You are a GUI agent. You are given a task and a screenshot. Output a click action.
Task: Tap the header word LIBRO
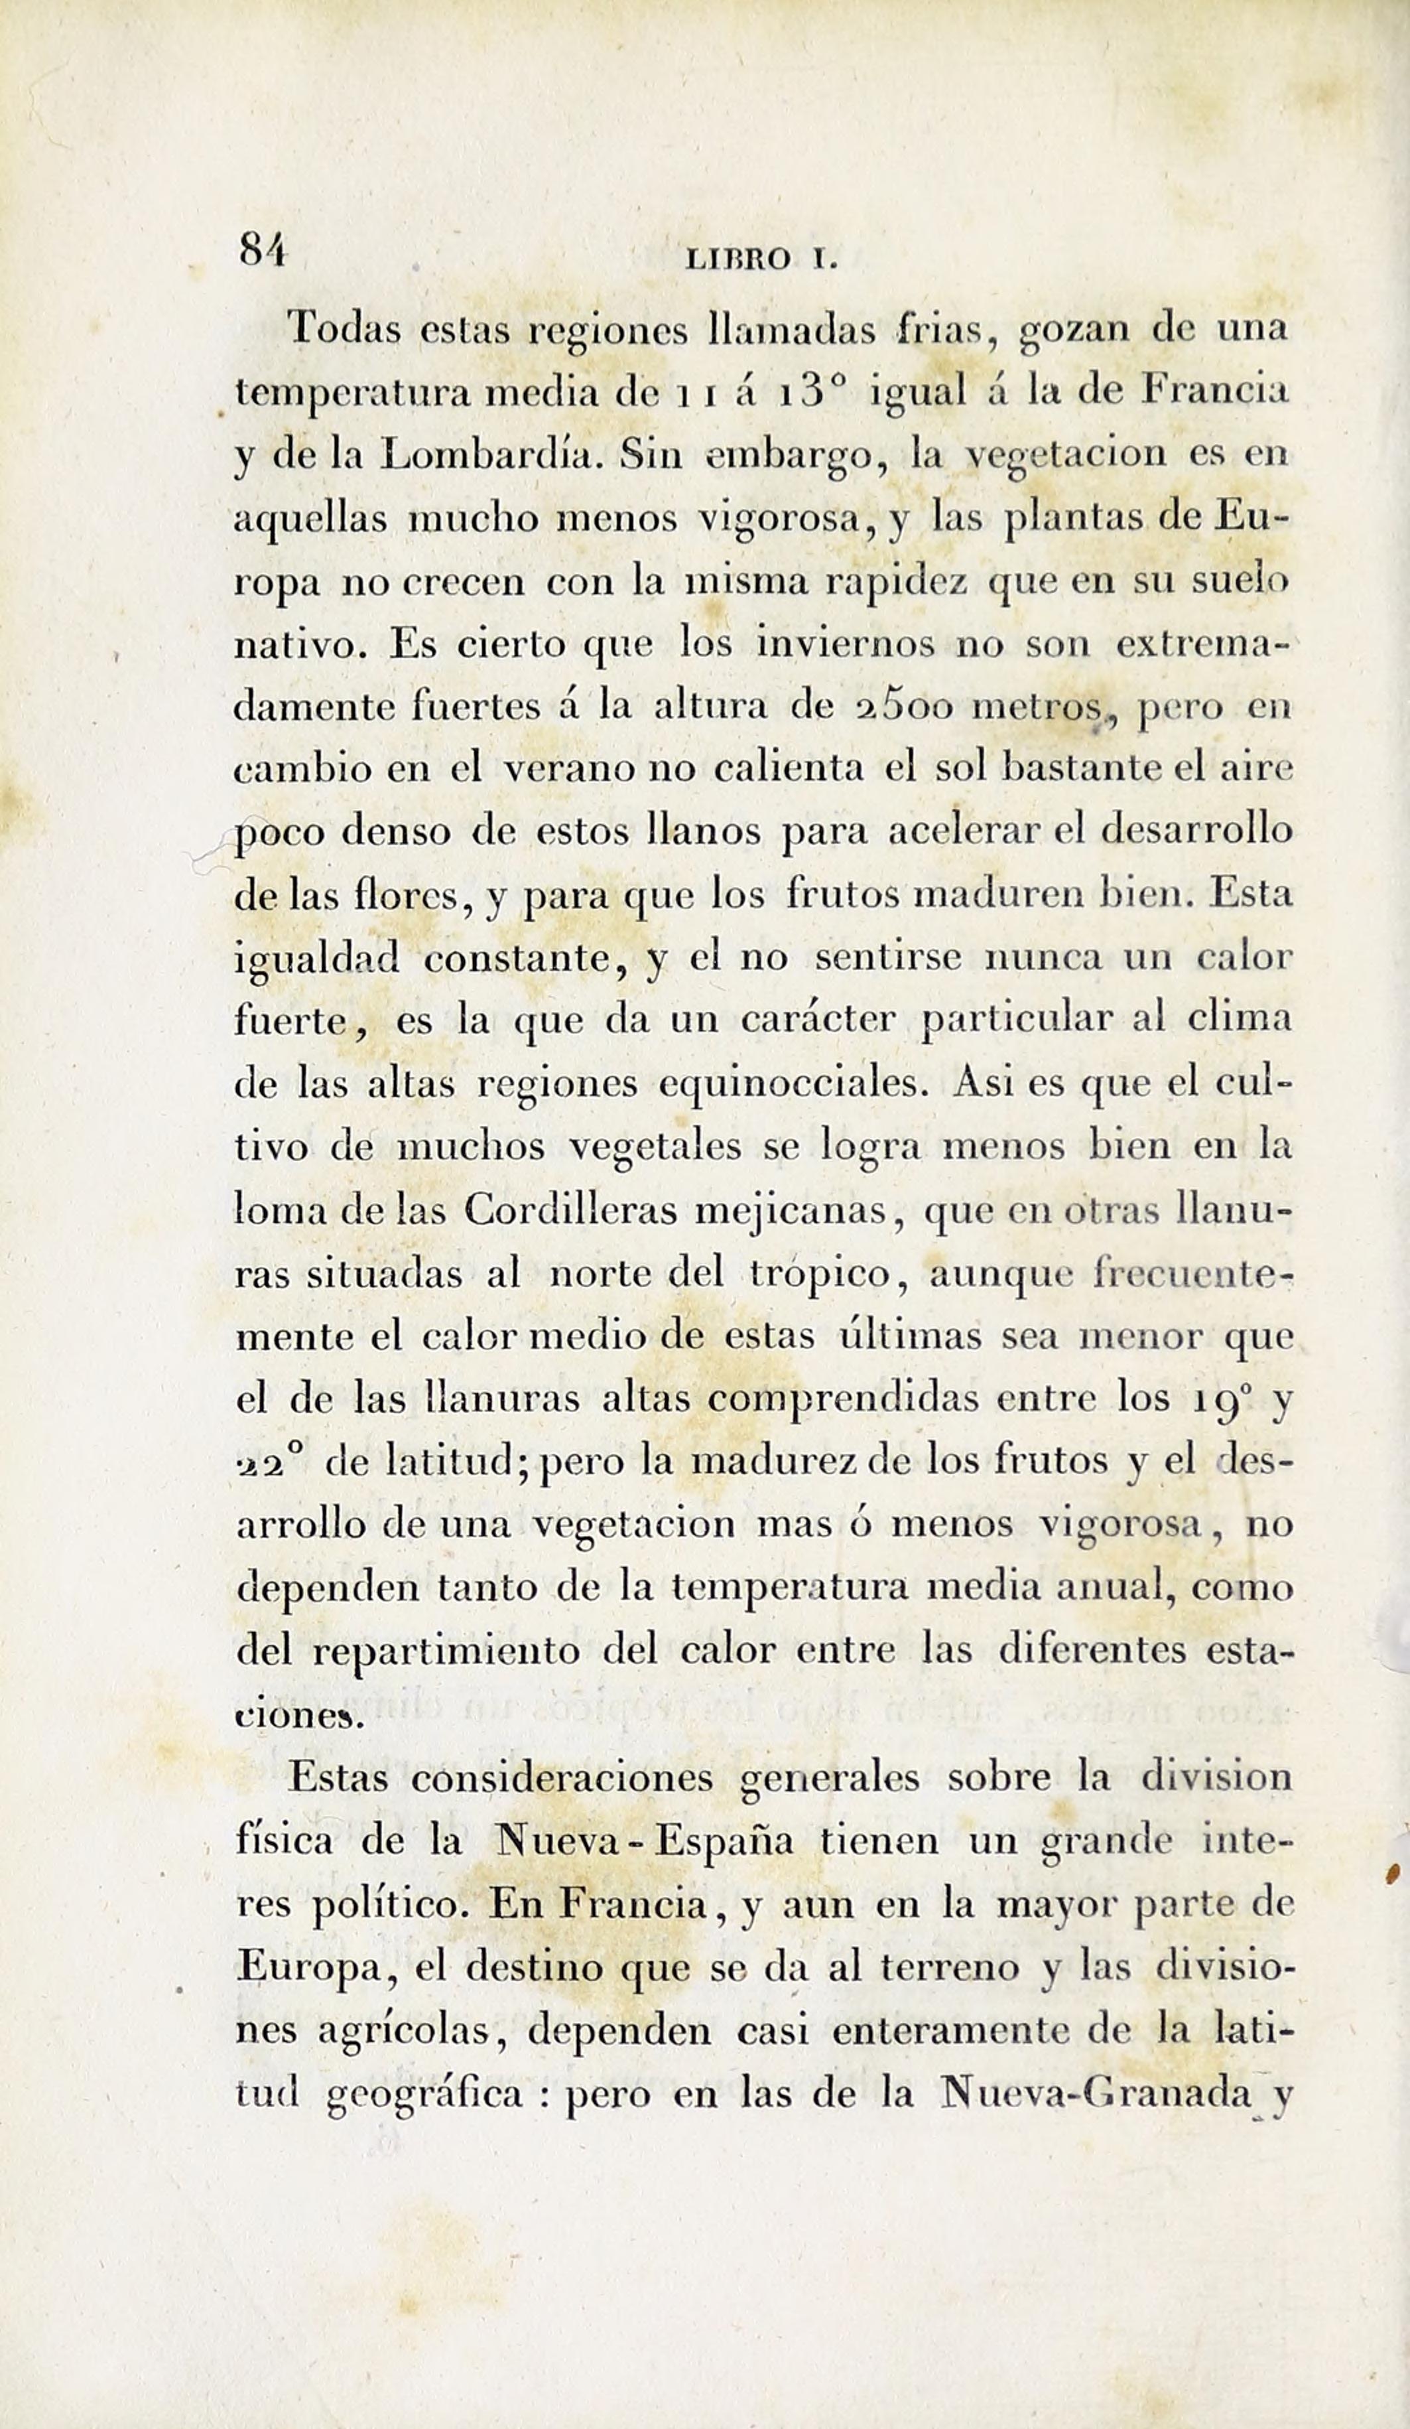click(737, 258)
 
